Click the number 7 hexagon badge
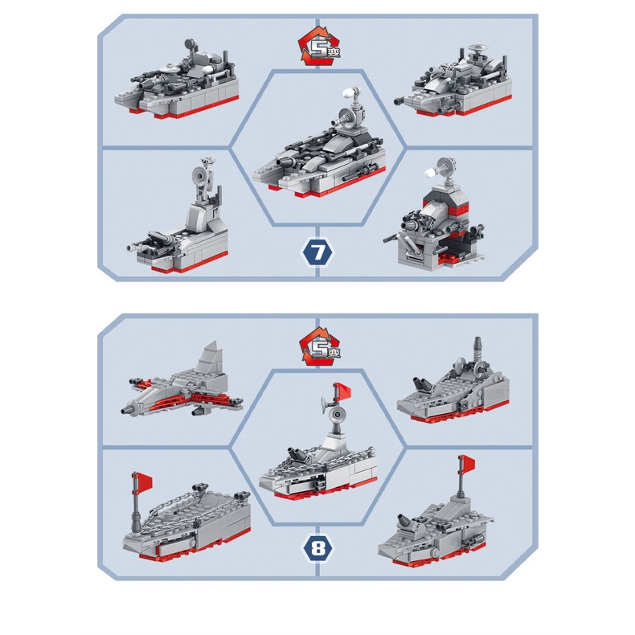317,252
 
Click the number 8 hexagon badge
317,548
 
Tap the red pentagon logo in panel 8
319,348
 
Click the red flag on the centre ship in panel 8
342,391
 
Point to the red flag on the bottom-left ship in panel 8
143,481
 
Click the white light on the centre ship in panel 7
348,93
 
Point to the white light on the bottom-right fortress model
431,173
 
